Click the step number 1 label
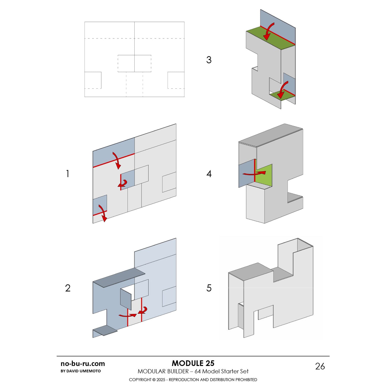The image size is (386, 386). [68, 174]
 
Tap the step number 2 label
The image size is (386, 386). [68, 288]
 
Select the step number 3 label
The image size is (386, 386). [209, 60]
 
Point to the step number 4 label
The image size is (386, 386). [209, 174]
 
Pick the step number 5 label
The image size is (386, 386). [209, 288]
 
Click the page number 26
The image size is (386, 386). [320, 366]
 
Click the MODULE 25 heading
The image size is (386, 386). [193, 363]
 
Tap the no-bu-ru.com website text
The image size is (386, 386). [83, 364]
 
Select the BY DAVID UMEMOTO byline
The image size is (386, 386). [81, 371]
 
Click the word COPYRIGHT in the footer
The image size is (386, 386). [140, 380]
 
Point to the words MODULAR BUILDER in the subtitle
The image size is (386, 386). [163, 371]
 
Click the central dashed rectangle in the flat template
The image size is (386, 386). [134, 64]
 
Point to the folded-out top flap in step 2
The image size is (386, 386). [119, 278]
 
